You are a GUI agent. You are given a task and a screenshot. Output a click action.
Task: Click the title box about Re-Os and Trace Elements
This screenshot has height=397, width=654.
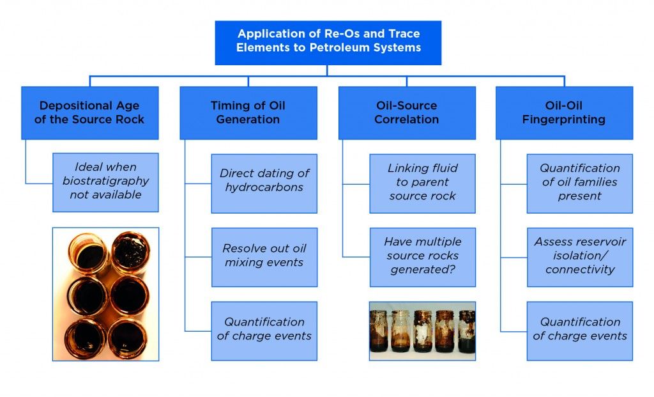tap(328, 42)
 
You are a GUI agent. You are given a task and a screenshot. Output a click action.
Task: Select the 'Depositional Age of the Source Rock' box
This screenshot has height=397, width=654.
tap(89, 113)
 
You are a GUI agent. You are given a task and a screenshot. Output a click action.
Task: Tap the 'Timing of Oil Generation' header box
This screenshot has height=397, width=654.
tap(248, 113)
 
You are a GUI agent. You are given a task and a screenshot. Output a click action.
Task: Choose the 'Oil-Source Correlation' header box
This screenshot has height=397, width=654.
tap(406, 113)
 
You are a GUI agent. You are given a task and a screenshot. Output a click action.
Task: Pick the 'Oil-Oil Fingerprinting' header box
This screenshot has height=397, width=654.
tap(564, 113)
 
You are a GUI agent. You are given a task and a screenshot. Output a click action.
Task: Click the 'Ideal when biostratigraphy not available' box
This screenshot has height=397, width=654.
tap(105, 182)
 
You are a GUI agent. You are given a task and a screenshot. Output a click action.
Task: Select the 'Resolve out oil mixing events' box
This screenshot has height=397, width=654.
tap(264, 256)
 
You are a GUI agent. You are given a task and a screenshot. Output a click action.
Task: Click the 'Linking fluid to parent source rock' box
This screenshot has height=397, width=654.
tap(422, 182)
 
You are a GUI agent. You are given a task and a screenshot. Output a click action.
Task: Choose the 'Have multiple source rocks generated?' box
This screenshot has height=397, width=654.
tap(422, 256)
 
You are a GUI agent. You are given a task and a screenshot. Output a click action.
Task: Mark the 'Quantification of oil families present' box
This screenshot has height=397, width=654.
tap(579, 182)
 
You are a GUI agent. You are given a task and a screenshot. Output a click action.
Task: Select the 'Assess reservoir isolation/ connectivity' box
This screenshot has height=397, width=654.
tap(579, 256)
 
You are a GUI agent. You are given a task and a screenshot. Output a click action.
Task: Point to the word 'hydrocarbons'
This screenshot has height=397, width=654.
tap(264, 187)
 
